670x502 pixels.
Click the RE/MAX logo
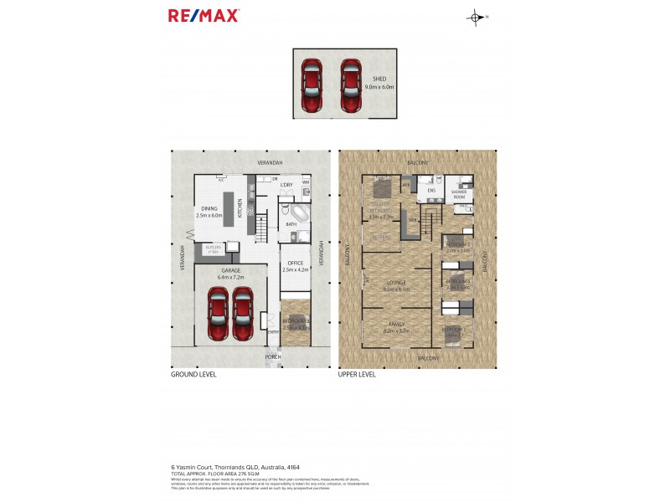[x=204, y=15]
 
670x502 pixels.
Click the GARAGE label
[x=231, y=271]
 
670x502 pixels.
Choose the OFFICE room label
[x=295, y=264]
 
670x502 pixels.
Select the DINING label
[x=209, y=208]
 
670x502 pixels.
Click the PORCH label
[x=273, y=357]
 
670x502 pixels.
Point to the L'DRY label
[x=286, y=184]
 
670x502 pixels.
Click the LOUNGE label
[x=395, y=283]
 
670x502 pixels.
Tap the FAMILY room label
[x=395, y=324]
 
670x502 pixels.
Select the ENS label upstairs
[x=432, y=191]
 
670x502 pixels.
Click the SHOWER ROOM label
[x=460, y=193]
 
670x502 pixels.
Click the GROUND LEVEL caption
[x=193, y=375]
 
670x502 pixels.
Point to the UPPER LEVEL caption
[x=358, y=375]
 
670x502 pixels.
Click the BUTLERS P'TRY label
[x=214, y=248]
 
